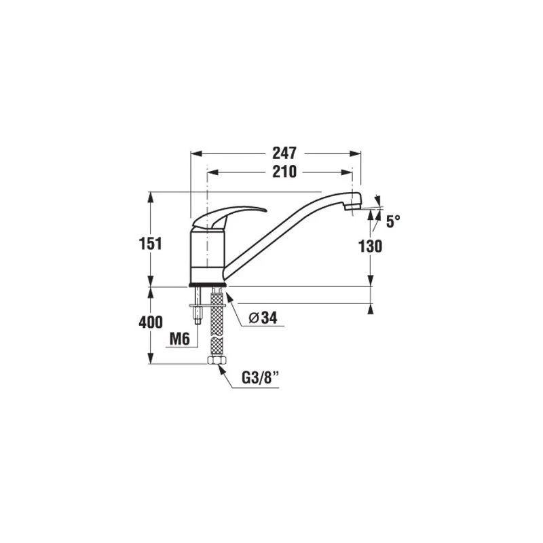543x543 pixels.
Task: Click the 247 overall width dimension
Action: tap(284, 153)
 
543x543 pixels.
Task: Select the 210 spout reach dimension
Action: tap(284, 172)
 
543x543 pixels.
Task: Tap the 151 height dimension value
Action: tap(150, 244)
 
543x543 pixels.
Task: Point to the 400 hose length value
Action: tap(150, 322)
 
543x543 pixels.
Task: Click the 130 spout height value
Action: tap(370, 246)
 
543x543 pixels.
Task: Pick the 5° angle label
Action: tap(393, 221)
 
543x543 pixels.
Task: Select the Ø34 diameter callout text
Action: tap(263, 317)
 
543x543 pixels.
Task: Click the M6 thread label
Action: tap(180, 339)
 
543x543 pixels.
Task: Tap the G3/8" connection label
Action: tap(261, 377)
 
